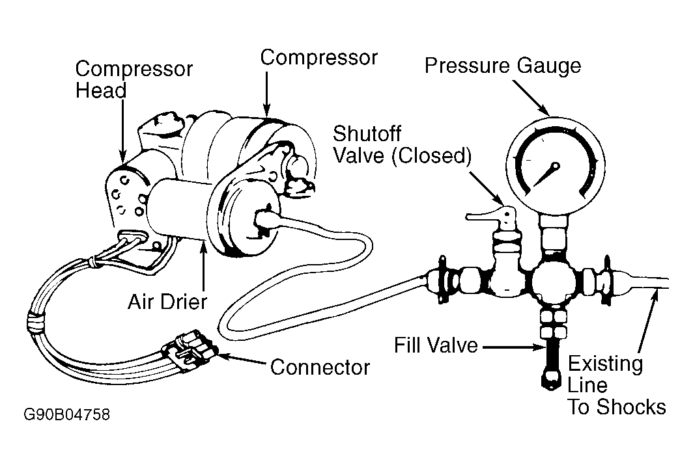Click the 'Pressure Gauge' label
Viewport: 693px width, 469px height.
(503, 66)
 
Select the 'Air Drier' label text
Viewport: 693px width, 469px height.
(167, 302)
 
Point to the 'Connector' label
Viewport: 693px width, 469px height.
(320, 367)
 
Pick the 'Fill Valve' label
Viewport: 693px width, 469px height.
(436, 345)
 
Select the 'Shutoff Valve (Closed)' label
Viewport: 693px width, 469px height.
(403, 144)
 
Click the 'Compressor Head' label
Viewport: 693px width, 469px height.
(134, 79)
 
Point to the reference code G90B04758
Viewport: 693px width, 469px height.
(66, 415)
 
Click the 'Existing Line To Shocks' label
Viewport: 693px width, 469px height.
(617, 384)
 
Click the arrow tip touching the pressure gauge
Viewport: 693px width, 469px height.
(546, 113)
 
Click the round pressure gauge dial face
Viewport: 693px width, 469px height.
(555, 166)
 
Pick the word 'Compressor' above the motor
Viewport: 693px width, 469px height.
(318, 58)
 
